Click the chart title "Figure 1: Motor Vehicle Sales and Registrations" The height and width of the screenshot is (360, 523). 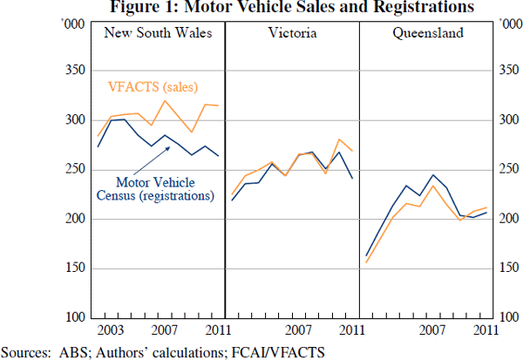(261, 8)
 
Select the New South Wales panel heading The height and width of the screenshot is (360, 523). (157, 35)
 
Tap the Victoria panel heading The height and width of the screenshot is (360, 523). (292, 35)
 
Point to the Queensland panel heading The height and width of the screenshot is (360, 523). (427, 35)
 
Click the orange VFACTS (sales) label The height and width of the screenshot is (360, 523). (153, 86)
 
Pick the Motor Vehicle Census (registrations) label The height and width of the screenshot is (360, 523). (165, 189)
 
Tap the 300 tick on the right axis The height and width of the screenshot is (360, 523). (506, 120)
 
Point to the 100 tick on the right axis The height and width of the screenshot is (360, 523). (506, 318)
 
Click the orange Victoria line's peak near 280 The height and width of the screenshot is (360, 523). (339, 139)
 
